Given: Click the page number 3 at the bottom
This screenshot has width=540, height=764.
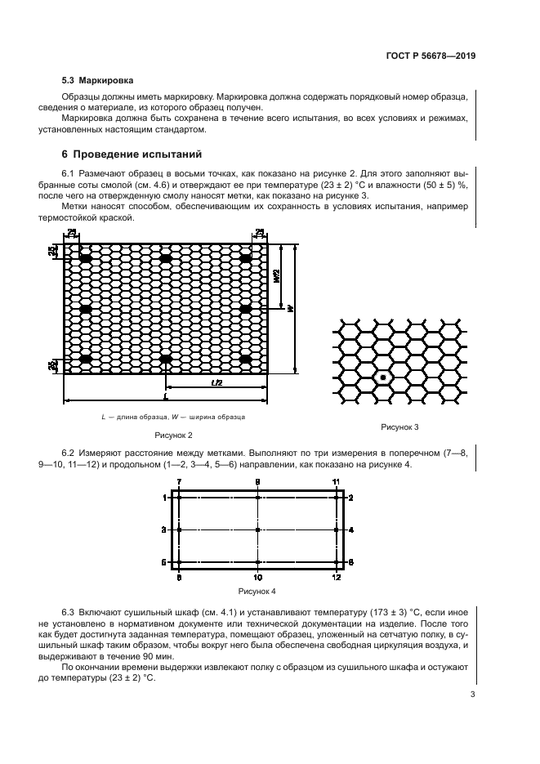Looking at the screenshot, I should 473,695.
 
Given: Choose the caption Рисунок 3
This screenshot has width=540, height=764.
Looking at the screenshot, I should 399,427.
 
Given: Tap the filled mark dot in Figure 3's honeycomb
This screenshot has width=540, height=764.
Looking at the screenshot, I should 382,378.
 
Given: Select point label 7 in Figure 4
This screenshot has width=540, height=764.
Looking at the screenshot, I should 180,483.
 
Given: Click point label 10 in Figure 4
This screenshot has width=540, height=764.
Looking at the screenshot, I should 257,578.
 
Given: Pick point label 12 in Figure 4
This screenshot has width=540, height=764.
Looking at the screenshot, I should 336,578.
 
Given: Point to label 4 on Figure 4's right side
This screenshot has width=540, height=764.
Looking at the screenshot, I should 351,530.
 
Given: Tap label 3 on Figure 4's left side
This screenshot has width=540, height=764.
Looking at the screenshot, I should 165,530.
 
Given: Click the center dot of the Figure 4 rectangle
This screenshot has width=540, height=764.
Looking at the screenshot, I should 257,530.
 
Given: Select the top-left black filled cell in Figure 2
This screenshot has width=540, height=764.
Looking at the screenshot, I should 84,259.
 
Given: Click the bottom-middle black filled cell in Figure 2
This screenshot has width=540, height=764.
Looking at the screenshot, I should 167,358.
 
